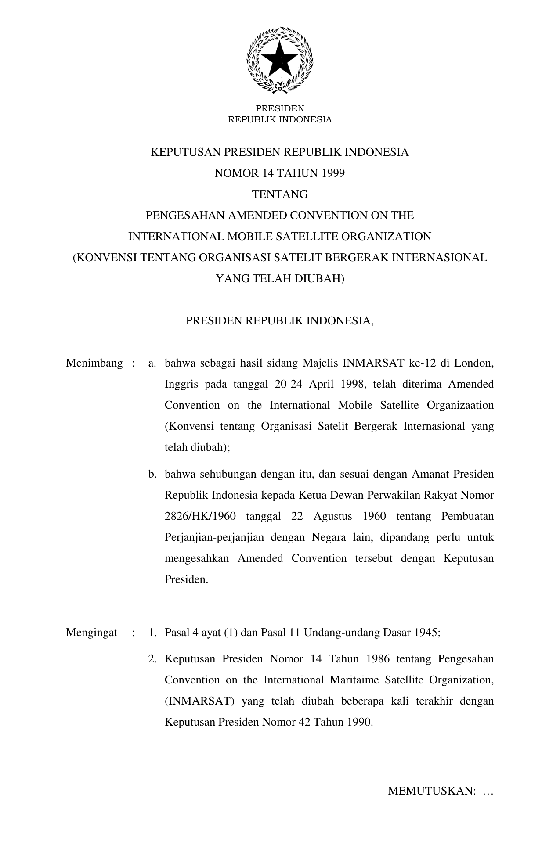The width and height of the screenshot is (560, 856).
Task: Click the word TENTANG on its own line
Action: click(x=279, y=194)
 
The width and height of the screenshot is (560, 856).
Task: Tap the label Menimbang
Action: click(x=94, y=363)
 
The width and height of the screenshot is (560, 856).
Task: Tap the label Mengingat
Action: click(x=91, y=633)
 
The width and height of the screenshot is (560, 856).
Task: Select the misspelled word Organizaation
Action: click(x=460, y=405)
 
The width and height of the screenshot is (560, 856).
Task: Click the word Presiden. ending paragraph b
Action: click(x=186, y=579)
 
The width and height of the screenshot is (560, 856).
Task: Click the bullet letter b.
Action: click(x=152, y=474)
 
